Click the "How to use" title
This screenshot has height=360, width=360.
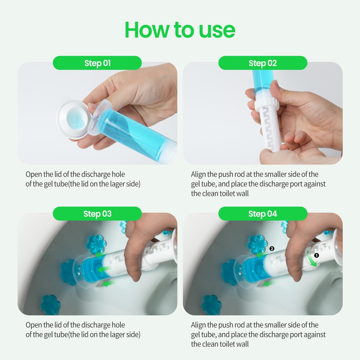[180, 30]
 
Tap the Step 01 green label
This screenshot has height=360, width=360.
[97, 63]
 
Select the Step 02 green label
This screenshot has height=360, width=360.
[263, 63]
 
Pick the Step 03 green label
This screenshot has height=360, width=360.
[97, 213]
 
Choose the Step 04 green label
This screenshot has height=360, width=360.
[263, 213]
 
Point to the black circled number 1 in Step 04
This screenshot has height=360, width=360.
[316, 255]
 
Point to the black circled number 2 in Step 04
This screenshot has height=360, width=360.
[272, 249]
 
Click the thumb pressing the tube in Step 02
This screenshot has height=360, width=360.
[276, 90]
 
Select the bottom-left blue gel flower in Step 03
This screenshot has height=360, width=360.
[50, 304]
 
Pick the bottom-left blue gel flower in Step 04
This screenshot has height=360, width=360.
[211, 305]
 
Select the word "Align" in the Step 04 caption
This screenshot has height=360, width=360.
[198, 325]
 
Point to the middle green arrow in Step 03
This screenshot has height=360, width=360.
[105, 269]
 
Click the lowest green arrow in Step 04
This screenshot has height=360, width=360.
[269, 284]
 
